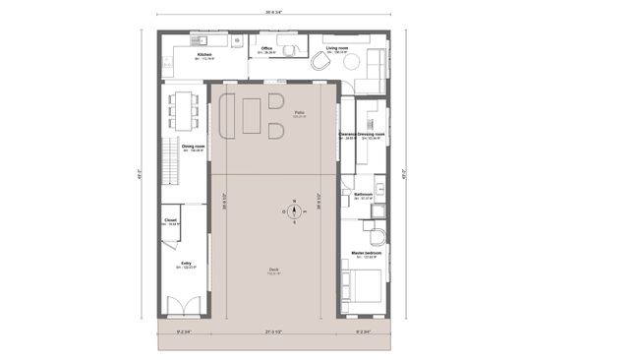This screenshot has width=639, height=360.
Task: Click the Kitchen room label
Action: [204, 54]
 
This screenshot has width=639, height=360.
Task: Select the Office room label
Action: [266, 48]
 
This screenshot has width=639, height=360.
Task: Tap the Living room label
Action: [339, 47]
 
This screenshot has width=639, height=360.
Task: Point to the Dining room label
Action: [193, 146]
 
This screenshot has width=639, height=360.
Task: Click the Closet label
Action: [170, 220]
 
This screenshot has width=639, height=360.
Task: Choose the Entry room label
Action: [186, 263]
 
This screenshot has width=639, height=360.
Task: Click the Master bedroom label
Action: [366, 253]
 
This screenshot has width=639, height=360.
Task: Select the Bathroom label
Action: [363, 195]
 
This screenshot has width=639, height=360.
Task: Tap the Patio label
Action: [300, 113]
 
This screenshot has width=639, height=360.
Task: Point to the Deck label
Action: [273, 270]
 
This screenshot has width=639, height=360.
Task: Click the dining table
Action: [183, 109]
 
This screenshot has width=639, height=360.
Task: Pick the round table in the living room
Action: [321, 62]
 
